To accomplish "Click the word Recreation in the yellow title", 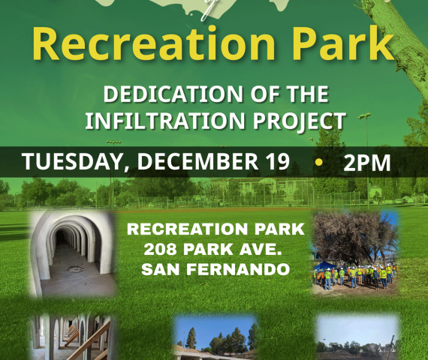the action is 154,43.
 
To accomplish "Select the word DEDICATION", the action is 173,94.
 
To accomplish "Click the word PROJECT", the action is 300,121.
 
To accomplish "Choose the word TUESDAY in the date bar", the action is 74,162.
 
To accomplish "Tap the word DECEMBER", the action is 197,161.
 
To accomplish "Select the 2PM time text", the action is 366,163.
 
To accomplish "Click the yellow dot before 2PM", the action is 318,162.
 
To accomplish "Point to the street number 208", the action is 160,249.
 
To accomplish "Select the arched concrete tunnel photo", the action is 73,253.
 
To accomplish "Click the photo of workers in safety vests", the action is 355,253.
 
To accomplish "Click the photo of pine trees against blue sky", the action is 216,338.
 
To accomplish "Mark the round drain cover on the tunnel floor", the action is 75,269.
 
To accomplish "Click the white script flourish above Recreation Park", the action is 206,10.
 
